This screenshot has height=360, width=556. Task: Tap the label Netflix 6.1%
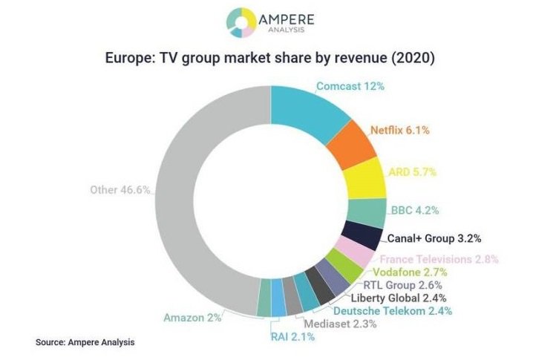coord(399,130)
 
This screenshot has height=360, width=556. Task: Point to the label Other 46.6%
coord(121,190)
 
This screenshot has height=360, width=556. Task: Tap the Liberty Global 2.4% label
coord(397,298)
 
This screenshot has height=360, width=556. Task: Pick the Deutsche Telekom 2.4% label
coord(393,311)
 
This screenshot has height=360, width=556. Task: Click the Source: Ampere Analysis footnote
coord(85,343)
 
